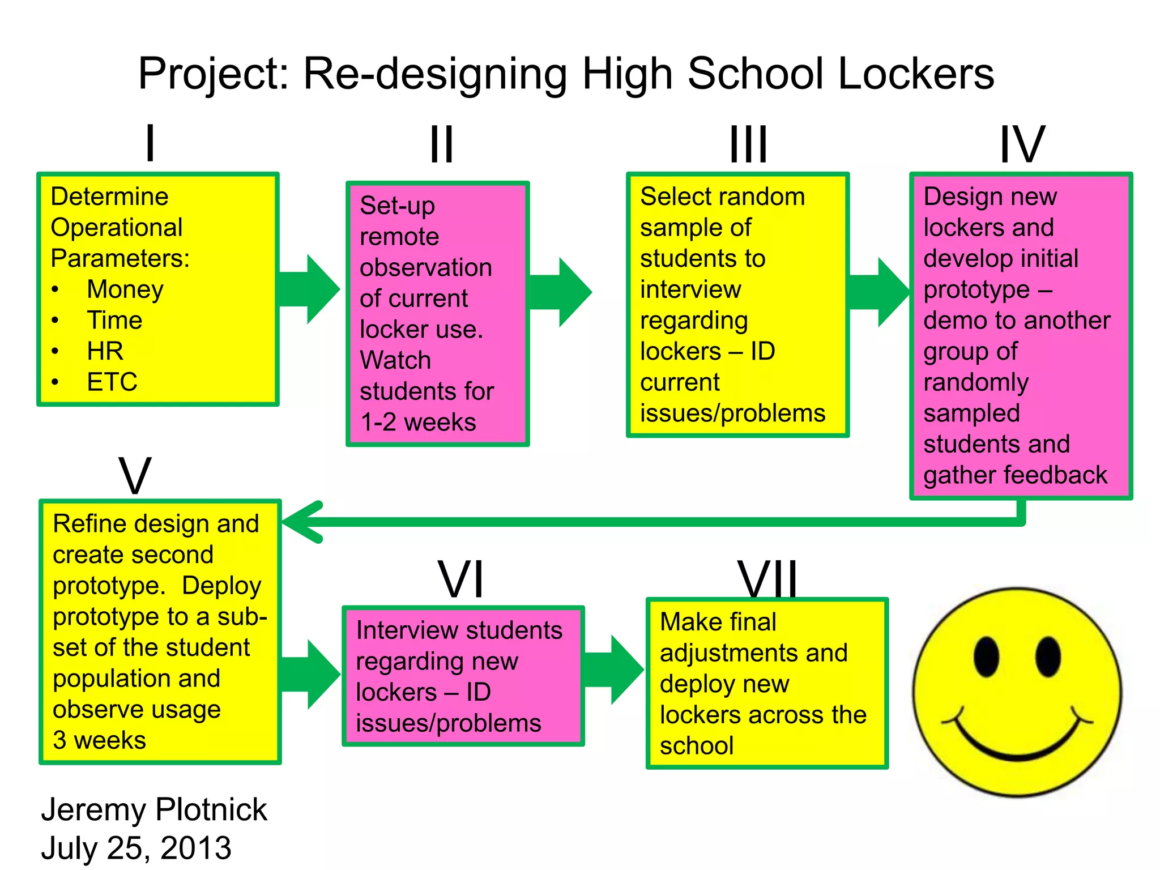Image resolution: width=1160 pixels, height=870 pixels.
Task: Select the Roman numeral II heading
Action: pos(441,144)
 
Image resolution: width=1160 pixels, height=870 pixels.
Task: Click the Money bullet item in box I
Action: pos(125,289)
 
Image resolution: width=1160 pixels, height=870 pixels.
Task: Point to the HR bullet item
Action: pos(105,351)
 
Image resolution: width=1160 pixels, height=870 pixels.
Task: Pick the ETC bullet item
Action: pos(112,382)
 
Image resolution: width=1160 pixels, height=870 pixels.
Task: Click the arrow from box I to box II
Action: pos(309,289)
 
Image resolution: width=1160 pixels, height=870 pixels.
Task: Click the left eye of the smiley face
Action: pos(986,656)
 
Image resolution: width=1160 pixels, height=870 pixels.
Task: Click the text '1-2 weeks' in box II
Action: pos(418,423)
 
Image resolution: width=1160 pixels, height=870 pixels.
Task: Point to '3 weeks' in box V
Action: pos(99,740)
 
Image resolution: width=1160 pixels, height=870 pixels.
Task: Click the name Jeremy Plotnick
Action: pos(153,809)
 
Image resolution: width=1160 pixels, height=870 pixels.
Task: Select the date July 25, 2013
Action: pos(136,848)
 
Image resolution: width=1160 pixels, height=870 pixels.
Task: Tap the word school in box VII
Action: pos(696,746)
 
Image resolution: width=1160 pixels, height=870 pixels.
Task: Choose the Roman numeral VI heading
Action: pos(461,579)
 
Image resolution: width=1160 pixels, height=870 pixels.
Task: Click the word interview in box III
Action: pos(690,289)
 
